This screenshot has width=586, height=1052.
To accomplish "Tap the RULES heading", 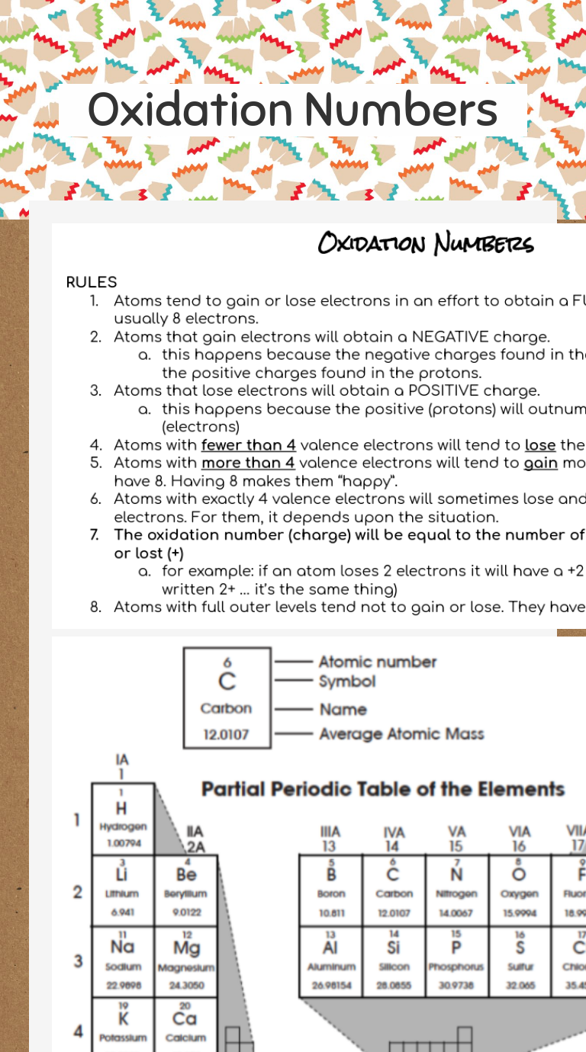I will tap(92, 282).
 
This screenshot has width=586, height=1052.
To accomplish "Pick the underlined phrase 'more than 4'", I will tap(248, 463).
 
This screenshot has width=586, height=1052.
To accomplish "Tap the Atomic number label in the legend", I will tap(378, 662).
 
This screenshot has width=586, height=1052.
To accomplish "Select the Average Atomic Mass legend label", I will tap(401, 734).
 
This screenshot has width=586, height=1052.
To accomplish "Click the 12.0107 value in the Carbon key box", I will tap(226, 736).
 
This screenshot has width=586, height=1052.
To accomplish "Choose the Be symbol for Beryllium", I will tap(186, 874).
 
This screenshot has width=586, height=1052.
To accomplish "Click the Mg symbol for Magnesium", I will tap(186, 948).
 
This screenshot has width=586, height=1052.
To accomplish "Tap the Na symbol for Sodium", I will tap(122, 947).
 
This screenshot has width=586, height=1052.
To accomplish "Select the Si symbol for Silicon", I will tap(394, 947).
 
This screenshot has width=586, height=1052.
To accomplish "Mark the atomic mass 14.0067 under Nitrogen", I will tap(456, 912).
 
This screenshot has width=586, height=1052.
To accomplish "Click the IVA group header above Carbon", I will tap(394, 832).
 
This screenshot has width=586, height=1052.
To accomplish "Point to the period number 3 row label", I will tap(78, 961).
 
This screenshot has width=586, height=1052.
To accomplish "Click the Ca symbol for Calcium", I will tap(186, 1018).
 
